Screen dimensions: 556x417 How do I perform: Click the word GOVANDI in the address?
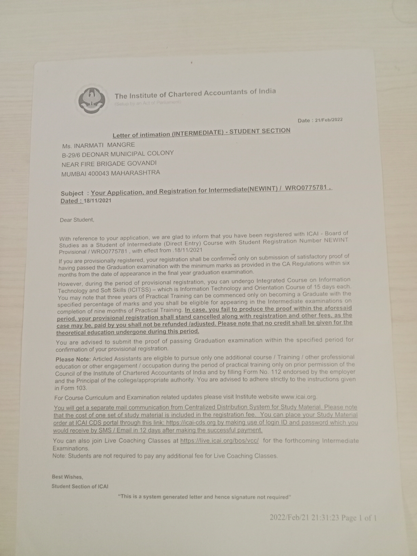pos(142,163)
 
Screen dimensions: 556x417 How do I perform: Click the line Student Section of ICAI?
pos(80,486)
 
